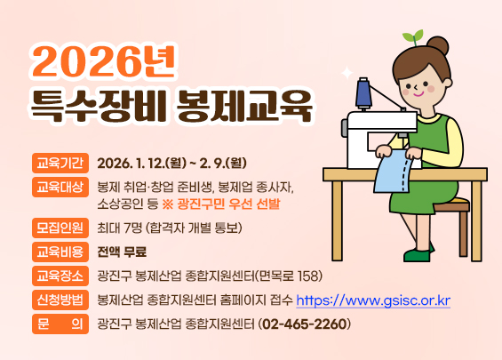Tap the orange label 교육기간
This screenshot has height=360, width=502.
point(60,164)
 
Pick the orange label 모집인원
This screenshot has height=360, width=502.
point(60,228)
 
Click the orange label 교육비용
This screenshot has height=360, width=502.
point(60,252)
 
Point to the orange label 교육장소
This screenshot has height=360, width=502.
point(60,276)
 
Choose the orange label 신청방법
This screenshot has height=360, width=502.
point(60,300)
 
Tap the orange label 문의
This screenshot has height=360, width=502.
point(60,324)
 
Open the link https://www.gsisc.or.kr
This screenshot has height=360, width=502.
point(372,300)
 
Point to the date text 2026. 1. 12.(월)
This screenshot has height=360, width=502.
point(140,164)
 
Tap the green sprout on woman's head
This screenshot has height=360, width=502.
point(413,36)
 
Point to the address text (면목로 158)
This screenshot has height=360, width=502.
point(292,276)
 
